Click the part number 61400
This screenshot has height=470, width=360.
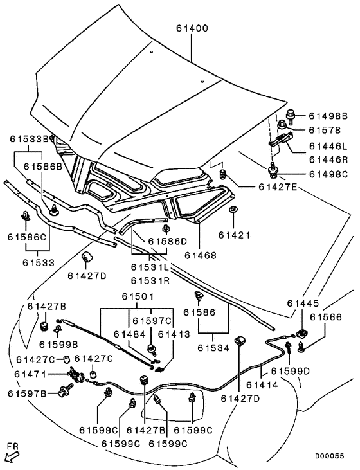click(192, 28)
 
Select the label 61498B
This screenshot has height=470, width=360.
click(328, 116)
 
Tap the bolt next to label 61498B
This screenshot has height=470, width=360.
click(291, 116)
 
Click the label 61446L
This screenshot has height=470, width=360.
click(328, 146)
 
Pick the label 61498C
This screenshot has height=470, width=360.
click(328, 174)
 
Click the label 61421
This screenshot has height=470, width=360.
click(234, 235)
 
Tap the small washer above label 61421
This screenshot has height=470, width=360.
click(233, 209)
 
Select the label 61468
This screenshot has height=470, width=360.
click(200, 255)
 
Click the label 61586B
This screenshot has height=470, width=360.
click(43, 167)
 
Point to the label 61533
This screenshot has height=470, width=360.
click(39, 262)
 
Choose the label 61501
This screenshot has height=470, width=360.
click(138, 296)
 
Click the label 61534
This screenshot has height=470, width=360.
click(213, 348)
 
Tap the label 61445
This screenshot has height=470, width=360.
click(303, 303)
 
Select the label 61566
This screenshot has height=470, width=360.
click(326, 317)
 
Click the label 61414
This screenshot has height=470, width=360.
click(262, 384)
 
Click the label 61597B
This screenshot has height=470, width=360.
click(27, 393)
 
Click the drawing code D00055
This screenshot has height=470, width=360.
click(330, 456)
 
